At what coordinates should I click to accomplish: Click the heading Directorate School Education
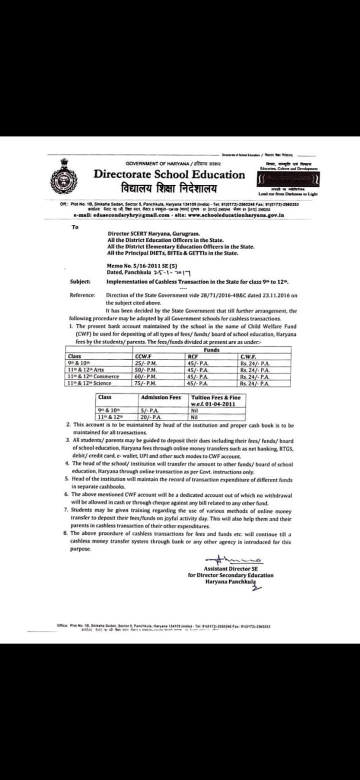point(169,175)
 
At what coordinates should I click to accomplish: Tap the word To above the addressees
point(75,227)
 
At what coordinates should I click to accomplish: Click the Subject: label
point(80,282)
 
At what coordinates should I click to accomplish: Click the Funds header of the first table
point(211,350)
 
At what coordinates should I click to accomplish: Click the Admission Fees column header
point(160,398)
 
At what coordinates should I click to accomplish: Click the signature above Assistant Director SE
point(233,560)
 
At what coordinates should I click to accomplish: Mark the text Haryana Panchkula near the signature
point(231,582)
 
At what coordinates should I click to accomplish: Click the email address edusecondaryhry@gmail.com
point(121,214)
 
